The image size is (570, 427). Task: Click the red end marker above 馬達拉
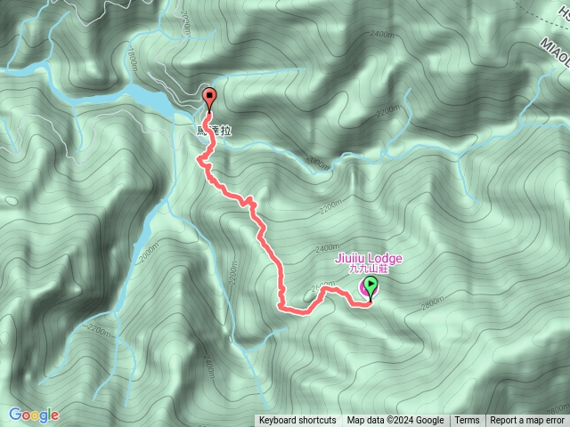(x=210, y=98)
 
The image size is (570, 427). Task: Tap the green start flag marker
(x=370, y=287)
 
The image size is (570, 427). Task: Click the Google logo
(x=34, y=415)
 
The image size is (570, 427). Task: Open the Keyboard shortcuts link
(x=297, y=421)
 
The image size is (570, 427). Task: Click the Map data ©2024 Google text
(x=395, y=421)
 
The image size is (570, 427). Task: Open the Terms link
(x=467, y=421)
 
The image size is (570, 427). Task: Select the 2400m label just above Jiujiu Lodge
(x=327, y=247)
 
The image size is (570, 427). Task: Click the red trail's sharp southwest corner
(x=281, y=307)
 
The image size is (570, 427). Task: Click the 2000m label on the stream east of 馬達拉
(x=317, y=161)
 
